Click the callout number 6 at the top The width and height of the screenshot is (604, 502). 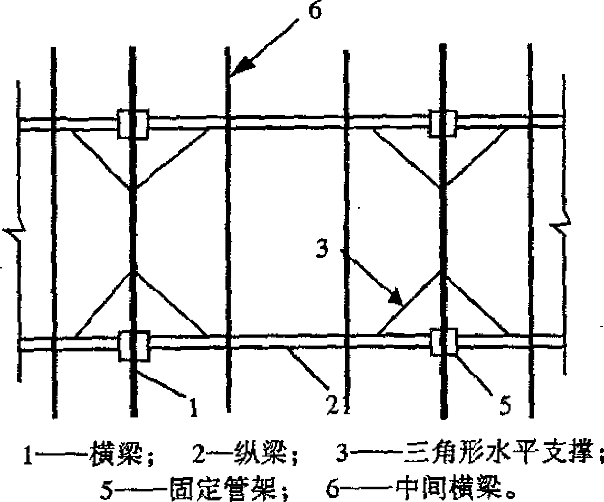[314, 12]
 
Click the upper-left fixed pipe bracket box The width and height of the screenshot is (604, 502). [133, 125]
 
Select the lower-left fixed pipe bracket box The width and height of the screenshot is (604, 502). [134, 346]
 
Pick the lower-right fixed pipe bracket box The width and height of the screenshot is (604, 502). [443, 342]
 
